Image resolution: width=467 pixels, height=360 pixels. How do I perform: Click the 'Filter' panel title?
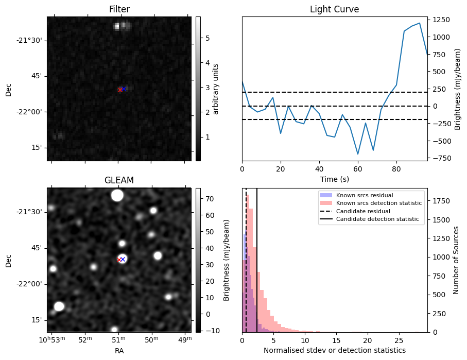(x=119, y=9)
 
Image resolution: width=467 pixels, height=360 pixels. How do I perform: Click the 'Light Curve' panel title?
(x=334, y=9)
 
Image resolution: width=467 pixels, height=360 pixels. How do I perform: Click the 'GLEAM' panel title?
(x=119, y=180)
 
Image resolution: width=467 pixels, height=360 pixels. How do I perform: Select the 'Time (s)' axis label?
(x=334, y=179)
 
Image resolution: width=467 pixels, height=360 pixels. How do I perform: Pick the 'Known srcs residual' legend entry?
(x=360, y=195)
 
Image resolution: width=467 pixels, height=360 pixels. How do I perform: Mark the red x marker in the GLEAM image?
(x=119, y=260)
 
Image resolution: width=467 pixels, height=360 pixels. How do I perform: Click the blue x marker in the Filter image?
(x=124, y=89)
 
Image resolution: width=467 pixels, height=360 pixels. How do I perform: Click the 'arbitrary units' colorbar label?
(x=216, y=89)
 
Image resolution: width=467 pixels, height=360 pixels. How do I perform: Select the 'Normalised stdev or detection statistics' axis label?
(x=334, y=350)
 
